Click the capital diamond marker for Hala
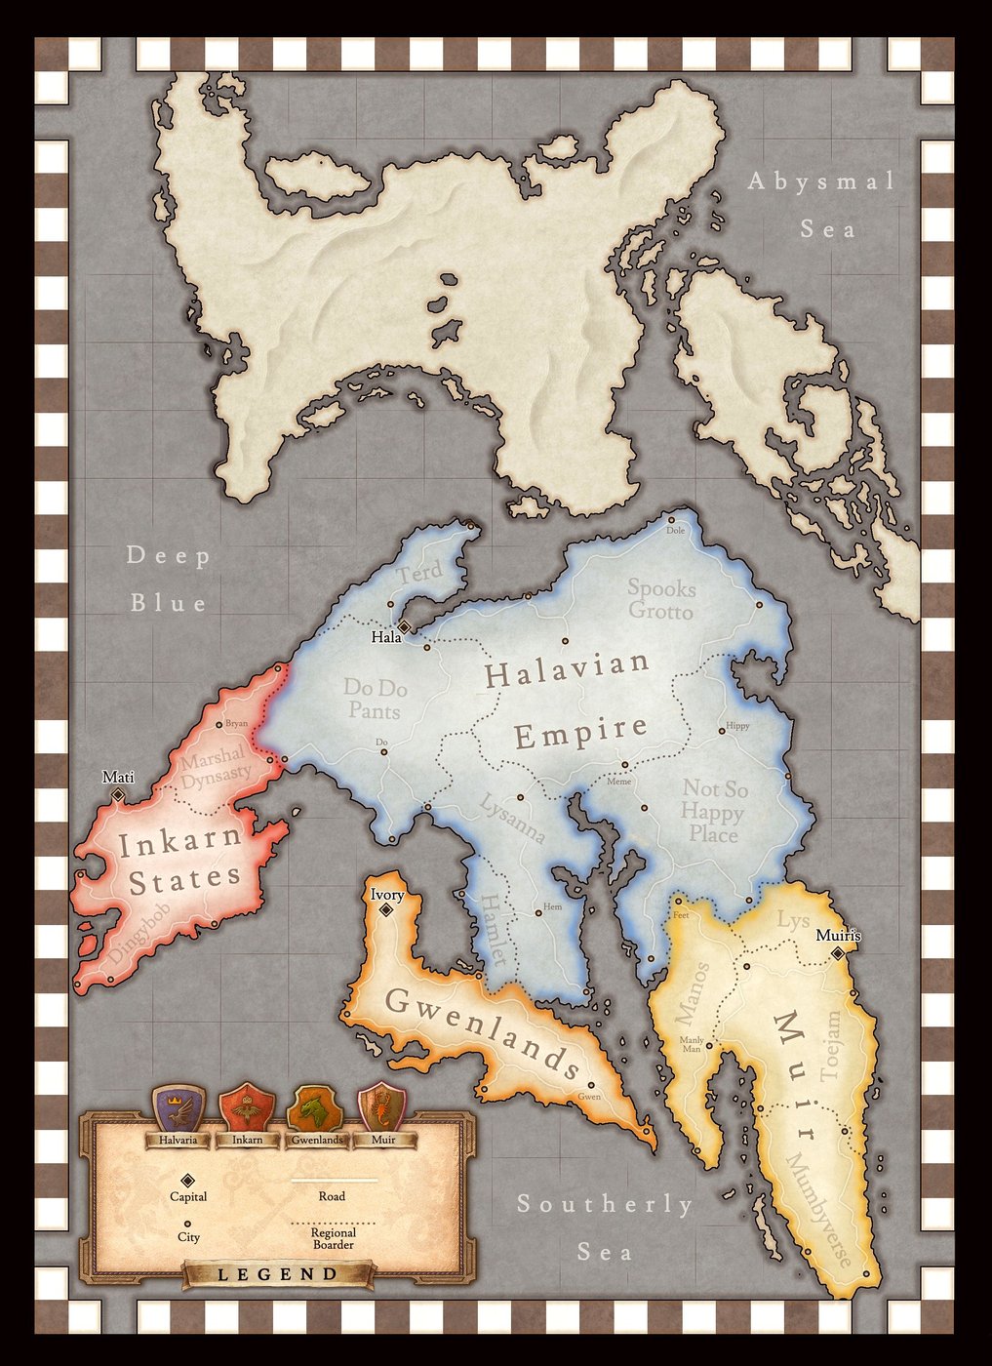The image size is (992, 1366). point(403,625)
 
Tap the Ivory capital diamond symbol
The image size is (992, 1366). point(386,909)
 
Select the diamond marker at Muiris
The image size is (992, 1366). point(837,953)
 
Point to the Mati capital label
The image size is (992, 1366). point(118,778)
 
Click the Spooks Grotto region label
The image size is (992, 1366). point(661,600)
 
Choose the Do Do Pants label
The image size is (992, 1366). point(376,699)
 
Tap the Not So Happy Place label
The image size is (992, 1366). point(713,811)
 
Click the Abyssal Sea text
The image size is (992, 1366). point(821,205)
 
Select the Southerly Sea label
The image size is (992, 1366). point(605,1226)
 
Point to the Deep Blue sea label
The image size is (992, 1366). point(170,580)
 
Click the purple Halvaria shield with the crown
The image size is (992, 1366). point(179,1106)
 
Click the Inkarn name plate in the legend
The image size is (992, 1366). point(247,1140)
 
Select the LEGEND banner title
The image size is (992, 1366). point(277,1274)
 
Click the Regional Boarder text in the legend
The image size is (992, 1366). point(334,1238)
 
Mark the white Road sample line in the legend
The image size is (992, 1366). point(335,1180)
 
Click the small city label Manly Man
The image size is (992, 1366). point(691,1044)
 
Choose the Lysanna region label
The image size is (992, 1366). point(511,818)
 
